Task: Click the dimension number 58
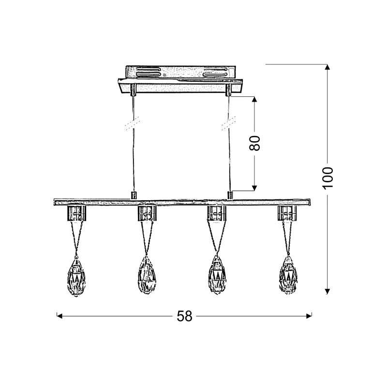(184, 316)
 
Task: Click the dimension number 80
(255, 143)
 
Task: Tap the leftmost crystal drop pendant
(76, 276)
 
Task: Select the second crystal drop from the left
(147, 275)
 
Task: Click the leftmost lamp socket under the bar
(76, 213)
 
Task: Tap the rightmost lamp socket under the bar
(287, 213)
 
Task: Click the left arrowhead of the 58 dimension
(60, 316)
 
